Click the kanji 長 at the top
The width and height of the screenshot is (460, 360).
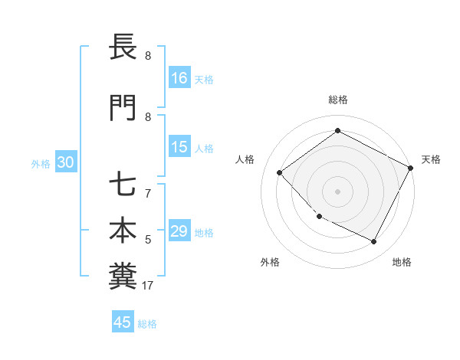point(122,47)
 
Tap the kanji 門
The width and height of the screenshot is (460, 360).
point(122,108)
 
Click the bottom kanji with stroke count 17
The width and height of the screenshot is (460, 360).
point(122,275)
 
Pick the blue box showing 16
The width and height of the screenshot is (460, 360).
point(179,78)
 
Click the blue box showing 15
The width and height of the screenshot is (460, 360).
point(179,148)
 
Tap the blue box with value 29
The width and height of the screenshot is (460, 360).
point(179,232)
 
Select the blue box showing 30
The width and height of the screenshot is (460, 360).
point(65,162)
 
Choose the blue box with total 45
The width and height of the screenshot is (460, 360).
point(123,322)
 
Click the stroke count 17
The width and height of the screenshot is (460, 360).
point(148,286)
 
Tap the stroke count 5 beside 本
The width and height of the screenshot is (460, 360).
point(148,241)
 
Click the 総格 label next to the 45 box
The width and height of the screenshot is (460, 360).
point(147,324)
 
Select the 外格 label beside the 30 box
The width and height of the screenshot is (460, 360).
point(41,164)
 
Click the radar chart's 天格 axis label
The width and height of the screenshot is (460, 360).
point(431,159)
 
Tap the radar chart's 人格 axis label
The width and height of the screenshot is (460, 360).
point(245,159)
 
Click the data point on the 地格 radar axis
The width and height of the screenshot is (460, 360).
point(374,242)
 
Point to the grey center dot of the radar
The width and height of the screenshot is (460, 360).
point(337,191)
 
